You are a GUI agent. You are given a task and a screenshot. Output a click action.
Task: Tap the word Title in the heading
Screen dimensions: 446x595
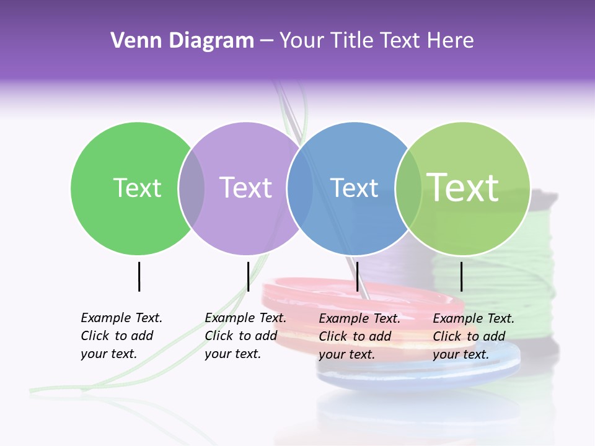[x=353, y=41]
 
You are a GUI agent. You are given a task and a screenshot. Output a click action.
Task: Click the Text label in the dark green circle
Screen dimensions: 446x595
[x=137, y=188]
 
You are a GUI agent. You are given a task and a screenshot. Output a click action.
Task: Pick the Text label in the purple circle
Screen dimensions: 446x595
[x=245, y=188]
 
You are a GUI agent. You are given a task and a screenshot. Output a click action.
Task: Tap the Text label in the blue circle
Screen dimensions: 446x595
[x=354, y=188]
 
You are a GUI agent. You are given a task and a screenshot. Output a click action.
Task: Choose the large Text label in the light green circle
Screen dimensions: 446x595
[x=463, y=187]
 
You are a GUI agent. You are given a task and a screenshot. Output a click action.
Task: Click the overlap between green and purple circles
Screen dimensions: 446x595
[x=192, y=188]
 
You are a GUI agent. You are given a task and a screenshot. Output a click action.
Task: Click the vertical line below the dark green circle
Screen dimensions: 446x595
[x=139, y=276]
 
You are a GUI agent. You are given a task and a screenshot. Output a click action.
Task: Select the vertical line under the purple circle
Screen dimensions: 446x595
[x=248, y=276]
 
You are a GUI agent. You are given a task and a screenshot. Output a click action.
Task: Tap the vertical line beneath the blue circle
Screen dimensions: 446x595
[x=357, y=276]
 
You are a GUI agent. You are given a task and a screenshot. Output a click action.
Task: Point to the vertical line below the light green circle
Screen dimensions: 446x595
[x=461, y=276]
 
